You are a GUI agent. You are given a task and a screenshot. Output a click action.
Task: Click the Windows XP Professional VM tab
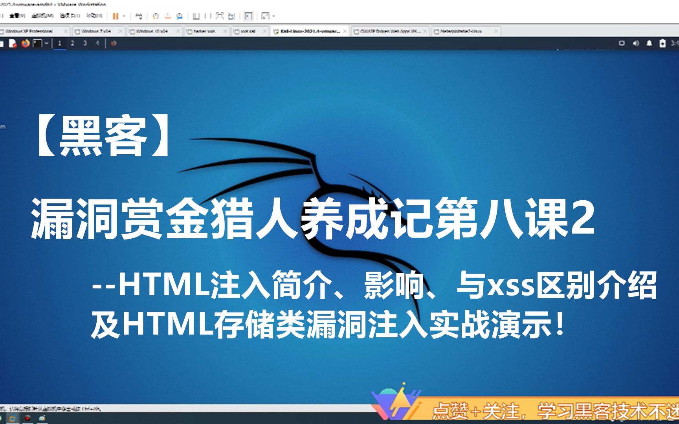[29, 31]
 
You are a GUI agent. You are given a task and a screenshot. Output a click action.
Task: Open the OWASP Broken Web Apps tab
[389, 31]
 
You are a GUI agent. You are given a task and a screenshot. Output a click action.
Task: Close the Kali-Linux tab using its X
[345, 31]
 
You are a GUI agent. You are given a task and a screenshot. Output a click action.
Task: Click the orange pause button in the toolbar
[116, 16]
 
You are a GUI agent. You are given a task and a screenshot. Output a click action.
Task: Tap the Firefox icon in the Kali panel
[26, 43]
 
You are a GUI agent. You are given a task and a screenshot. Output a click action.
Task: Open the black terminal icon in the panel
[37, 43]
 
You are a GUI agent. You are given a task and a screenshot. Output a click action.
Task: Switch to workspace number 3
[85, 43]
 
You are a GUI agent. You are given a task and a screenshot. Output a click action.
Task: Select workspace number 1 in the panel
[60, 43]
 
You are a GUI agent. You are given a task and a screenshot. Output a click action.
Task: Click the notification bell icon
[649, 43]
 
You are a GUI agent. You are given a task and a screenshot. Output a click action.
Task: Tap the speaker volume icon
[636, 43]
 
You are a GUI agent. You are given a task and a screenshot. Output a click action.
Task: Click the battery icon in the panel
[662, 43]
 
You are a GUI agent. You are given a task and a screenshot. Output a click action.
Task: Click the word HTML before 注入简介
[164, 285]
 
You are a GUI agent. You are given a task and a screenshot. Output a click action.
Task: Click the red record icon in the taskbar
[28, 419]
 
